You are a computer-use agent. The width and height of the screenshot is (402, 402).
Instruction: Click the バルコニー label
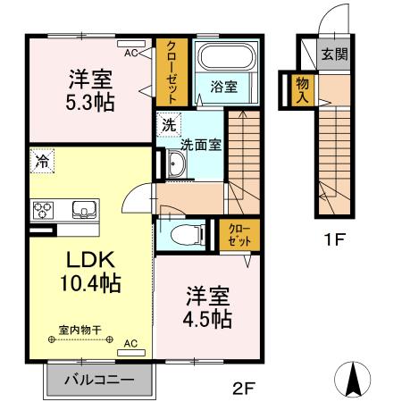(x=98, y=380)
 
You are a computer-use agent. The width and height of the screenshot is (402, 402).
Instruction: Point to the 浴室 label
(x=223, y=88)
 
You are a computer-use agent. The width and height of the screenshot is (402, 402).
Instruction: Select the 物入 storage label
(x=303, y=89)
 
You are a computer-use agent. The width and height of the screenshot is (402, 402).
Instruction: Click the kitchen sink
(x=85, y=211)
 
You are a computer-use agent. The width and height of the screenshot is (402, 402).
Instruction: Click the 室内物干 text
(x=80, y=330)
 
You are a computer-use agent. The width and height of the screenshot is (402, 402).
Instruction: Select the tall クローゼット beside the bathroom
(x=170, y=71)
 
